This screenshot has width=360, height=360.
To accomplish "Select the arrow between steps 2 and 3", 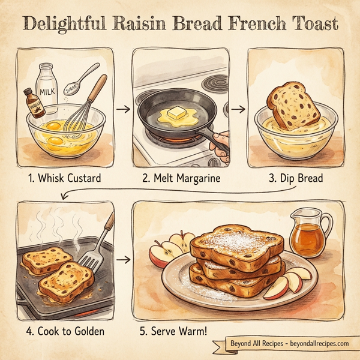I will pos(238,109).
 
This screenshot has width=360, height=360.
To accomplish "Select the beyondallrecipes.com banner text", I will pos(289,344).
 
